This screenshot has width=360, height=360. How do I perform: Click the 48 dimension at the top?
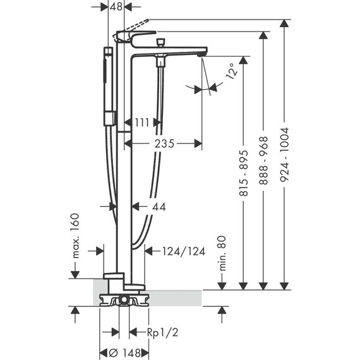pyautogui.click(x=116, y=7)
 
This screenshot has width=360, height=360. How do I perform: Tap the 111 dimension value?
pyautogui.click(x=141, y=122)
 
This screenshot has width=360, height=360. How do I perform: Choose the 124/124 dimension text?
pyautogui.click(x=183, y=251)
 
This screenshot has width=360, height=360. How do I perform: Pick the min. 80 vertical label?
pyautogui.click(x=222, y=253)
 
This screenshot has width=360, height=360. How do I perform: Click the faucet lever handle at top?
pyautogui.click(x=136, y=35)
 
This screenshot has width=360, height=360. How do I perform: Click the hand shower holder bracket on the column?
pyautogui.click(x=111, y=117)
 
